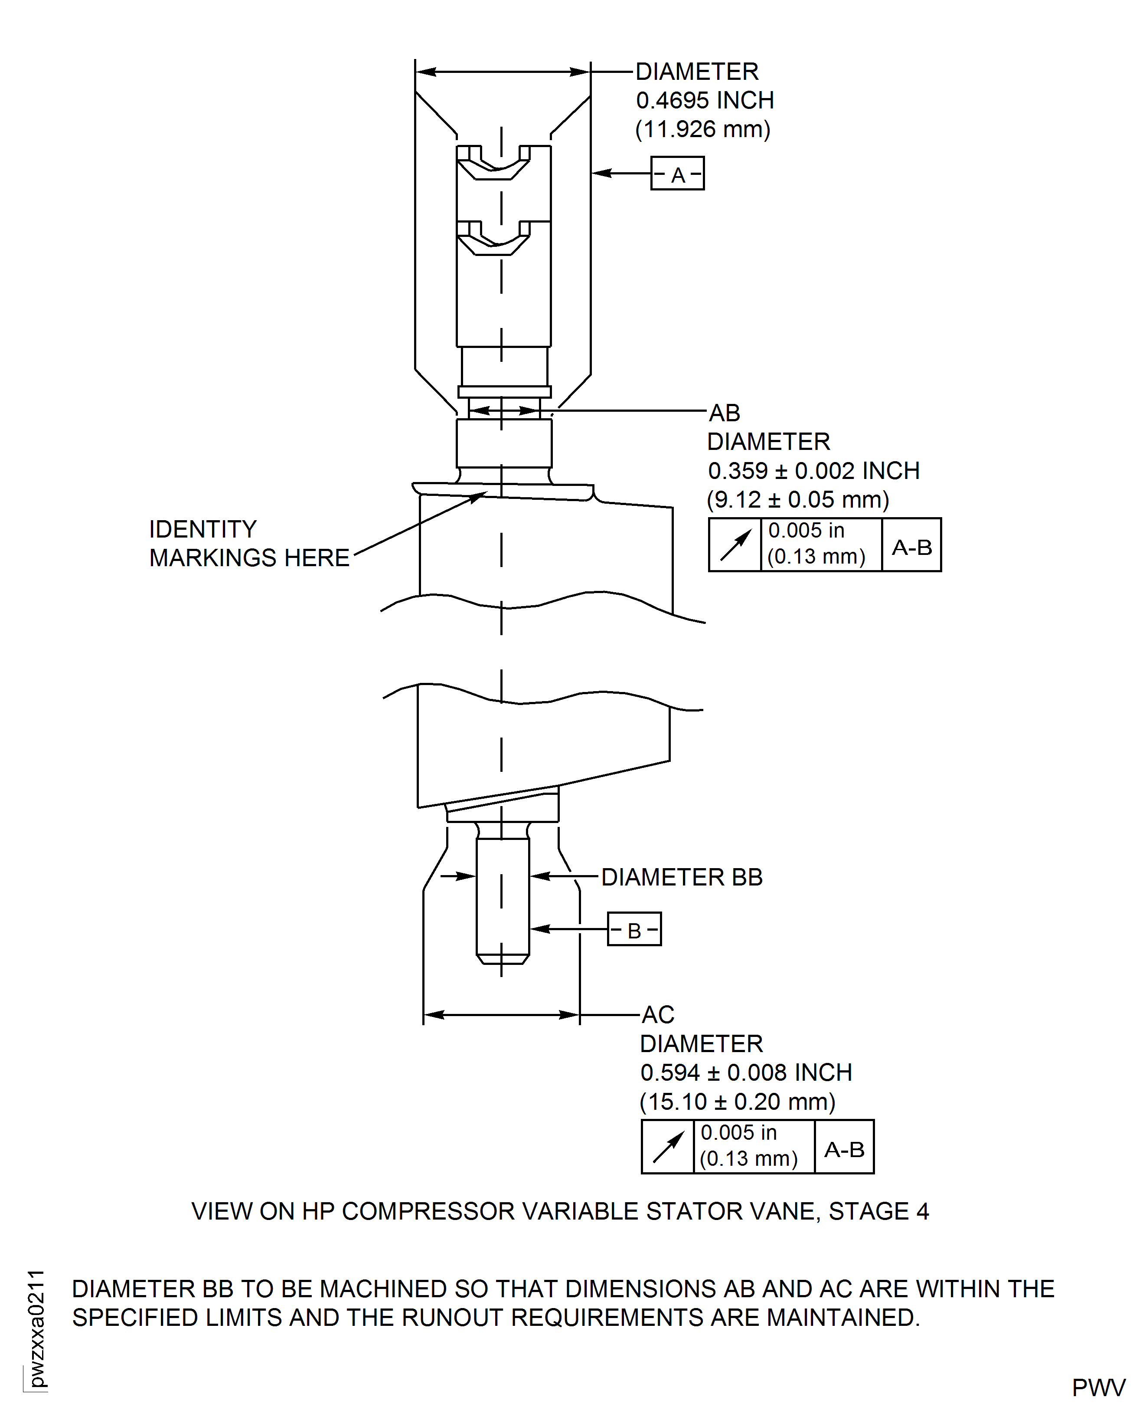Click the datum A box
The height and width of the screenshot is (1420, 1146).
(x=677, y=174)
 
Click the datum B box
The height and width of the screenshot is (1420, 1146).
(x=634, y=930)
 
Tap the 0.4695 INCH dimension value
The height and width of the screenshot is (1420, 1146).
(x=704, y=100)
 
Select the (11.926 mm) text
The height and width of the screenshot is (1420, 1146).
(x=702, y=129)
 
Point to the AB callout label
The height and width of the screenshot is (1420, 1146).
(x=724, y=413)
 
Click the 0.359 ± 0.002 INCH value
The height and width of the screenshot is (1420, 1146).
(x=813, y=471)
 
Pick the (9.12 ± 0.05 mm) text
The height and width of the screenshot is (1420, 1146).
(x=797, y=500)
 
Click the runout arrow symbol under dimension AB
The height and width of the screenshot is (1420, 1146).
(x=735, y=545)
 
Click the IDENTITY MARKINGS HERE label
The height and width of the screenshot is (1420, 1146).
(x=249, y=544)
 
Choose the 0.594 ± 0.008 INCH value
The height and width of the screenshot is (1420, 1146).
(x=746, y=1072)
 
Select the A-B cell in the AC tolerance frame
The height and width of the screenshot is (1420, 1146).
(x=844, y=1149)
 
